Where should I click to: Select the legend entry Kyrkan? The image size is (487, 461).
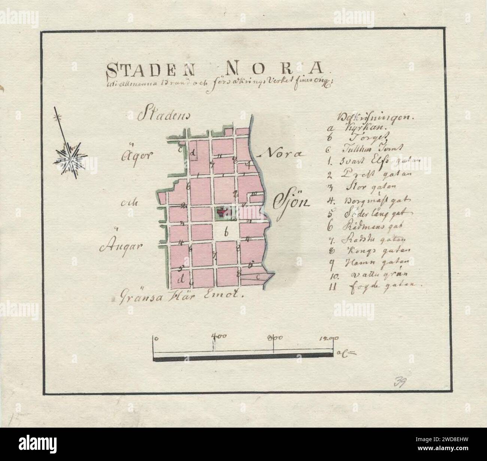(x=363, y=127)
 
